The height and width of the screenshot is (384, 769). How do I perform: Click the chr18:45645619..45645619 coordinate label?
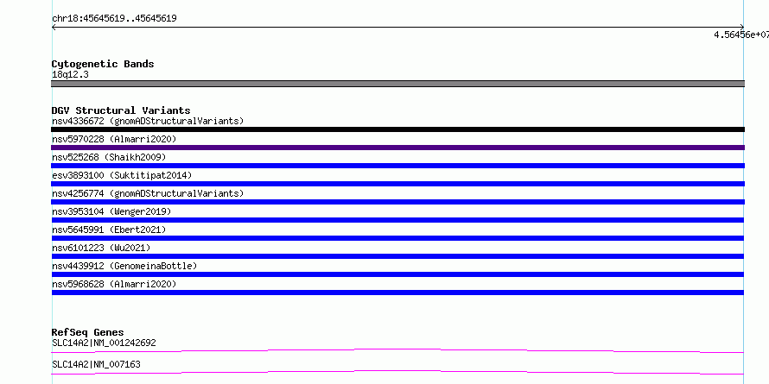click(114, 19)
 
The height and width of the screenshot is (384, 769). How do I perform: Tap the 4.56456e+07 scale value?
click(741, 35)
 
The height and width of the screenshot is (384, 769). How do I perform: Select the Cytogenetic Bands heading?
click(103, 64)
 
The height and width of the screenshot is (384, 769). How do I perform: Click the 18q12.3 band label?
click(70, 75)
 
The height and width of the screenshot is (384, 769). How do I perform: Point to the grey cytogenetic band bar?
click(397, 84)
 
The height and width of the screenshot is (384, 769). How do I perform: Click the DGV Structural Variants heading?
click(121, 110)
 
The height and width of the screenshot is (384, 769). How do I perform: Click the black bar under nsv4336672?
click(397, 129)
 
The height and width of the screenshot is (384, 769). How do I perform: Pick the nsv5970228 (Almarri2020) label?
click(114, 139)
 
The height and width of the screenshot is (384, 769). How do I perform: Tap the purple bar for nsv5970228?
click(397, 148)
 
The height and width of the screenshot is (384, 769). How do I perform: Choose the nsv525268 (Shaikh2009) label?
click(109, 157)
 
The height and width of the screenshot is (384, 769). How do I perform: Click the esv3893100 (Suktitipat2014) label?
click(122, 175)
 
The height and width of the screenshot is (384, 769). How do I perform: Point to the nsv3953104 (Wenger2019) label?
click(111, 211)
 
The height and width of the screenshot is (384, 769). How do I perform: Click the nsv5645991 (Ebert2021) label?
click(109, 230)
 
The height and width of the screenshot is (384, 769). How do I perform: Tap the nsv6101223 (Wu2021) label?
click(101, 248)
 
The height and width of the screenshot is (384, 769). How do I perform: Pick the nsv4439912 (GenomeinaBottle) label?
click(124, 266)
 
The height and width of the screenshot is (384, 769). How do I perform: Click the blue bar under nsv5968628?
click(397, 293)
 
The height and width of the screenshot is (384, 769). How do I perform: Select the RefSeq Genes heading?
click(87, 332)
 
